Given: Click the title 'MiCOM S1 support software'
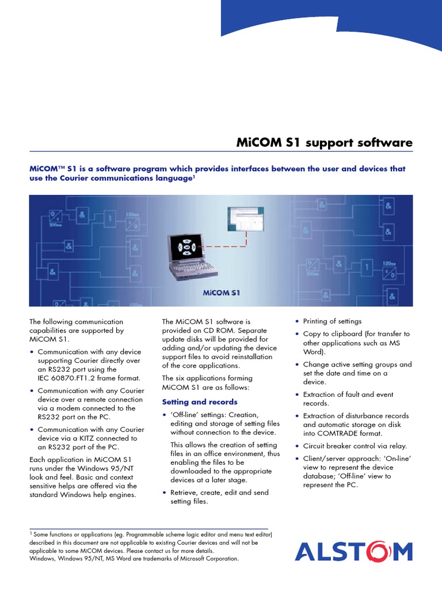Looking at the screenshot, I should (x=325, y=143).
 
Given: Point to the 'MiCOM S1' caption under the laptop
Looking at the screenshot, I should (x=222, y=292).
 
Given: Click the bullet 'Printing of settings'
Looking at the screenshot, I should (x=332, y=321).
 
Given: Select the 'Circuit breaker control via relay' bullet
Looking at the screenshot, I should (x=355, y=446).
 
